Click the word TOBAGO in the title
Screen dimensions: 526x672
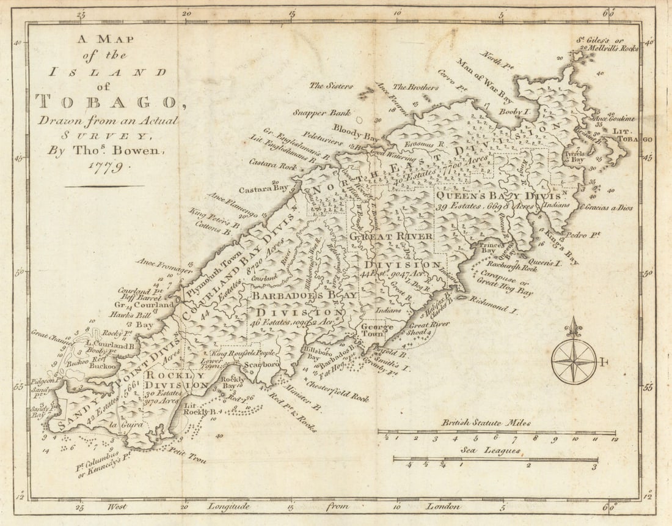pos(108,102)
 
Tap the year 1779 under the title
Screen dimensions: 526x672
pos(104,166)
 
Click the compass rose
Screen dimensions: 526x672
pos(574,361)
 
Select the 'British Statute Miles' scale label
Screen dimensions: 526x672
pos(486,423)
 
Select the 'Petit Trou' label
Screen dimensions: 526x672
pos(187,457)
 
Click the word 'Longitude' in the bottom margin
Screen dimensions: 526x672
pos(229,506)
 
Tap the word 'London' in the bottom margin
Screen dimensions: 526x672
pos(444,506)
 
